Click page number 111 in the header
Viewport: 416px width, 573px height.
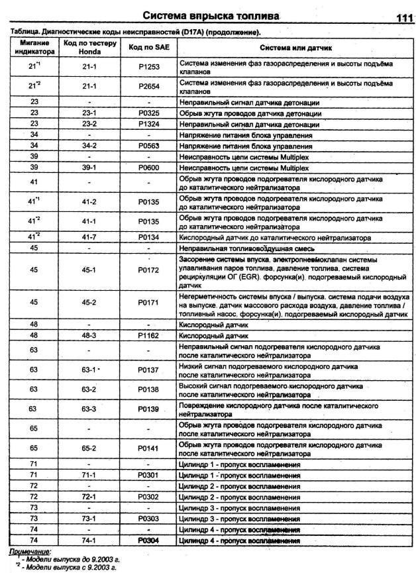point(400,18)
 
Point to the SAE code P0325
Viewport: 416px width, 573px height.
point(148,114)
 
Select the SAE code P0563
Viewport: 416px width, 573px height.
point(148,146)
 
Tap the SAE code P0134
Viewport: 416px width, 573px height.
point(148,237)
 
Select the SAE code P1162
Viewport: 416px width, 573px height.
point(148,336)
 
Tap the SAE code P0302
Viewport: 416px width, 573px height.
point(148,495)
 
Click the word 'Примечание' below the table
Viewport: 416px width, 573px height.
point(30,551)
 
